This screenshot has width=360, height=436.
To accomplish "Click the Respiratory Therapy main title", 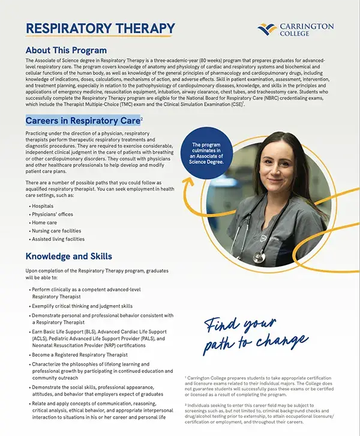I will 100,28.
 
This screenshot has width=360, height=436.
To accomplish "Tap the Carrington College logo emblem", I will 267,28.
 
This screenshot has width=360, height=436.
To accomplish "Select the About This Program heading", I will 66,50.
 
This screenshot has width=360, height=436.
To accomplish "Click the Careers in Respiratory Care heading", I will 83,120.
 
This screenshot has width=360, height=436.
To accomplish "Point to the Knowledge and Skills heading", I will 68,256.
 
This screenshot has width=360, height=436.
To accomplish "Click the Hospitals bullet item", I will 43,206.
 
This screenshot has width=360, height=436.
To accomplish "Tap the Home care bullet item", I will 45,222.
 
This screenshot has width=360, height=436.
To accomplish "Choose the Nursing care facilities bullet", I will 56,231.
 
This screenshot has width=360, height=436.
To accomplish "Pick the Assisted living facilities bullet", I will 58,239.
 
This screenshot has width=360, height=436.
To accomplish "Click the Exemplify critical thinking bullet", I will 82,306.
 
